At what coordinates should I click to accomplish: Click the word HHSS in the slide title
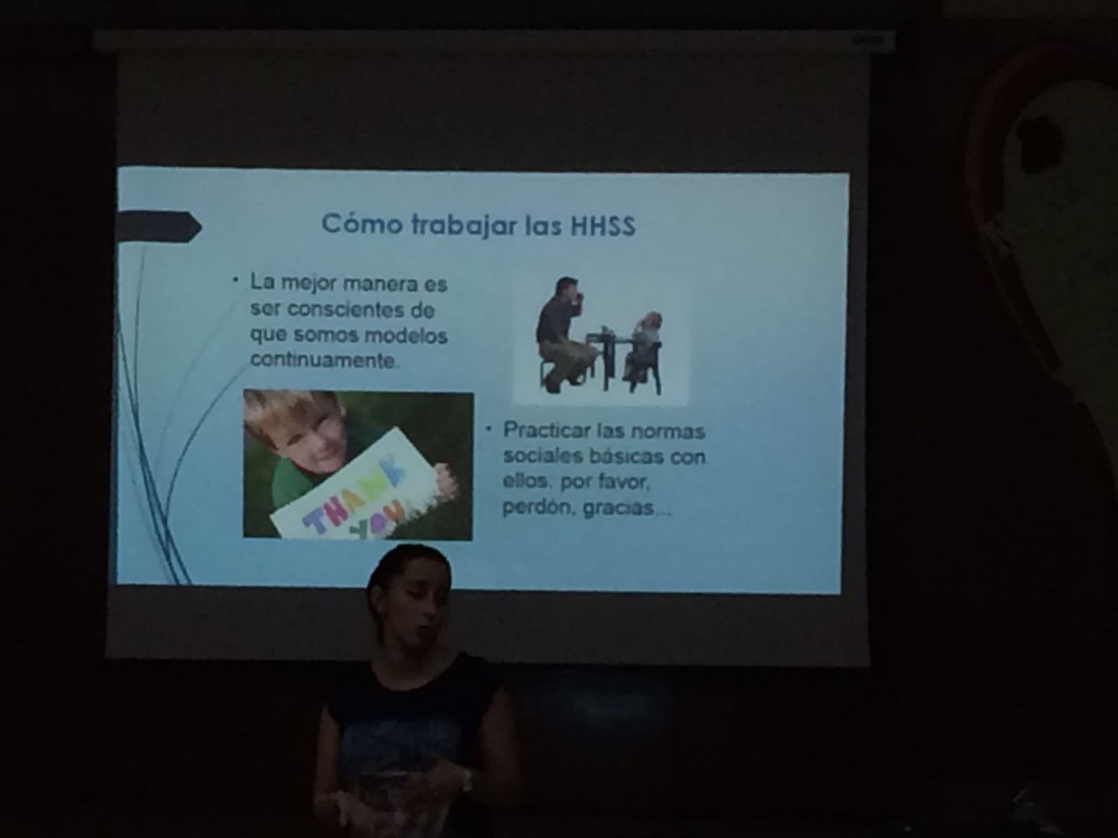pos(603,226)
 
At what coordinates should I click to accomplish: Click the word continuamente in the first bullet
pos(323,360)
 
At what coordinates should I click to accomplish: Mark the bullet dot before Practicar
pos(488,429)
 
